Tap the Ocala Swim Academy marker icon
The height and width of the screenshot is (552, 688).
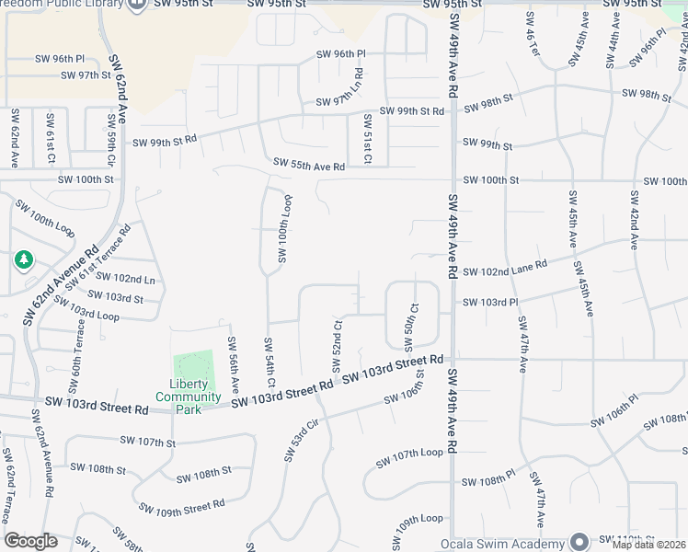579,540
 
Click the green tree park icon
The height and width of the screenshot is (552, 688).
23,261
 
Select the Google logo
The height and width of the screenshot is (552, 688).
30,541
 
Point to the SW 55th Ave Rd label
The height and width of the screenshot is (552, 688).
308,166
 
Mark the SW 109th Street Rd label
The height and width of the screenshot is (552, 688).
182,506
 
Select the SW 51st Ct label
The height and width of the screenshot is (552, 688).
367,139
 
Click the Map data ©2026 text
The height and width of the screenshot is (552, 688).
648,545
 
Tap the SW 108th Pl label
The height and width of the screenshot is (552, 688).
488,481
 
